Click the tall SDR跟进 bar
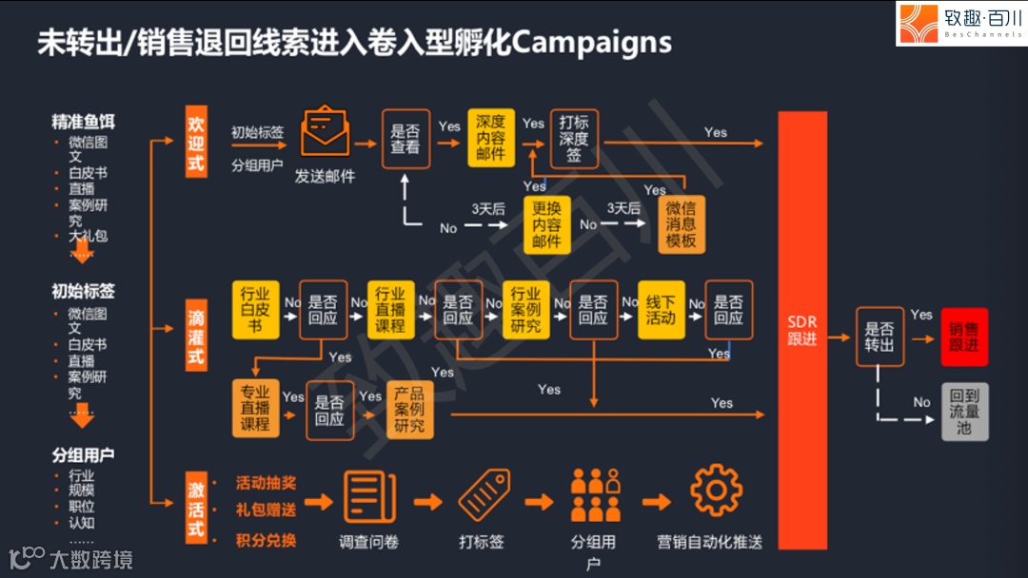[802, 330]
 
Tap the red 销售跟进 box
[964, 337]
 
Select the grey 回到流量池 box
[964, 412]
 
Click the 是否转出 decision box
[880, 337]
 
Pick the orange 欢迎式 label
[196, 143]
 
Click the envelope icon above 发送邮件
[326, 133]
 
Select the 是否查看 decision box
[405, 139]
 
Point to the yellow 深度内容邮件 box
[491, 138]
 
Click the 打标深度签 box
[574, 139]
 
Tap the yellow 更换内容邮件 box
[546, 225]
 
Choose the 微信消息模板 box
[682, 225]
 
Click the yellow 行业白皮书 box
[255, 310]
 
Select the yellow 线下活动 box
[661, 310]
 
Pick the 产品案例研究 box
[410, 410]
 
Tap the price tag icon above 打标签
[484, 495]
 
